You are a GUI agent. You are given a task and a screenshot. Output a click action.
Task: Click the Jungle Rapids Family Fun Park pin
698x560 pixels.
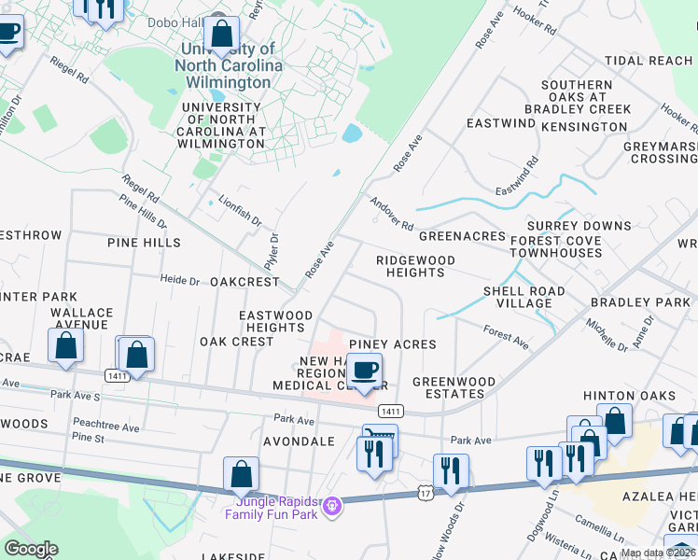(x=331, y=507)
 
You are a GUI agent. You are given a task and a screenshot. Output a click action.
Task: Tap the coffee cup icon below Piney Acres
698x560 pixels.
(x=365, y=371)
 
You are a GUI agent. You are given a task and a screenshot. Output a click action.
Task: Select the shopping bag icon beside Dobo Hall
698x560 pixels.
(x=222, y=35)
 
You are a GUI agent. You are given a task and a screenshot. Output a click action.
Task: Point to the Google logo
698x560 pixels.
(x=30, y=549)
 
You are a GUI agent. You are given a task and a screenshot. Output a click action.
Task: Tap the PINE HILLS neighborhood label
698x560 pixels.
(x=144, y=243)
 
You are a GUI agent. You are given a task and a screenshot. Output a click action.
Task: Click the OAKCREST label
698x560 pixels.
(x=244, y=281)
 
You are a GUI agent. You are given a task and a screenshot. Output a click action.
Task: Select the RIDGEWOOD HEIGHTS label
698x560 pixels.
(x=415, y=266)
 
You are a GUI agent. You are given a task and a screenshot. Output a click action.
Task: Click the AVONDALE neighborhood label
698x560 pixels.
(x=299, y=441)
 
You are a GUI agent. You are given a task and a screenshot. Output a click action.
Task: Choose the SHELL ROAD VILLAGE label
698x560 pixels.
(x=523, y=297)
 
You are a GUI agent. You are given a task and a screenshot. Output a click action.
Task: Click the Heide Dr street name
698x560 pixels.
(x=180, y=280)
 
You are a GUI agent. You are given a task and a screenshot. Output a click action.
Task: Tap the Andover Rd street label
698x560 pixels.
(x=391, y=214)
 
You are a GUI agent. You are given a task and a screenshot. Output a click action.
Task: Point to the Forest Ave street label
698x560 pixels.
(x=506, y=337)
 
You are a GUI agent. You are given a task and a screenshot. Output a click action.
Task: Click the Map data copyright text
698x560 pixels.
(x=658, y=553)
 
